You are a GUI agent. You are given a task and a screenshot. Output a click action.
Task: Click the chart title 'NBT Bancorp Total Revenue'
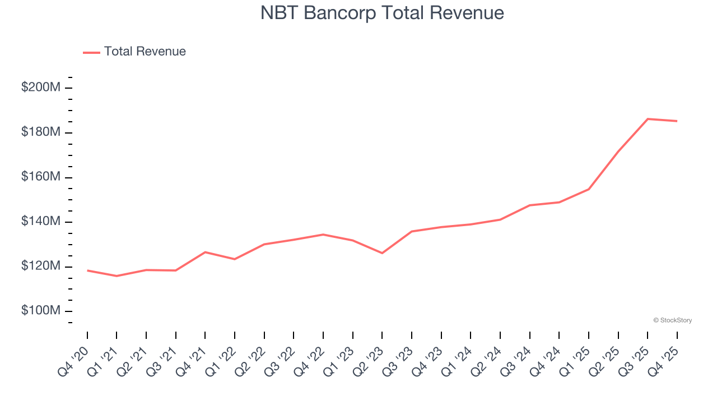coord(382,13)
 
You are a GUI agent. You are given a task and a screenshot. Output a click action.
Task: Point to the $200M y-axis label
coord(41,88)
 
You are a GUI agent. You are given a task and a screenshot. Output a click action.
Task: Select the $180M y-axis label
coord(41,132)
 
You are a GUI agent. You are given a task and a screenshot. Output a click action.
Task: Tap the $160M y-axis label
coord(41,177)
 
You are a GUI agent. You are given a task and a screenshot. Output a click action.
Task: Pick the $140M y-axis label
coord(41,222)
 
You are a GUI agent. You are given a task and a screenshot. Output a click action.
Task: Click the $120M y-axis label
coord(41,267)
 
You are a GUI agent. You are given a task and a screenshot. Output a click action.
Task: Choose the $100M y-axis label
coord(41,311)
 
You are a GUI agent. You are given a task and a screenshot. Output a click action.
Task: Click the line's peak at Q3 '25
coord(648,119)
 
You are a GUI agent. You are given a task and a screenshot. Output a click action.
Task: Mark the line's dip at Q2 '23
coord(382,253)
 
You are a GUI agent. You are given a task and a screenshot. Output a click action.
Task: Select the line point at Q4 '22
coord(323,235)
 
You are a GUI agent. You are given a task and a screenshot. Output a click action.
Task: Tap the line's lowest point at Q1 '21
coord(117,276)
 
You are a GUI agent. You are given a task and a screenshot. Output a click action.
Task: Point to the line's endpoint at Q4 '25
coord(677,121)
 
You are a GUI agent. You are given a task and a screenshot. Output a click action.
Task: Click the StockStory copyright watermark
coord(672,320)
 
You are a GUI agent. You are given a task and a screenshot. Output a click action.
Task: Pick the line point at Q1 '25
coord(589,189)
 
